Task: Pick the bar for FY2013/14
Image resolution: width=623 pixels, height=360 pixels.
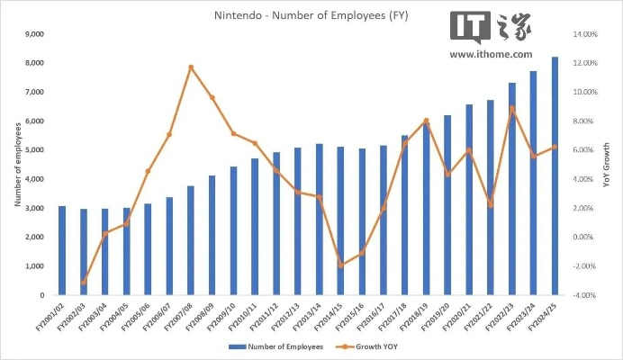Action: pos(320,220)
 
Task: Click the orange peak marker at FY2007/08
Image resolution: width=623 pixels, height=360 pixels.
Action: pos(191,67)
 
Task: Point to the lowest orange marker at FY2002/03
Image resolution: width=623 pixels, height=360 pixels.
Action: pos(84,283)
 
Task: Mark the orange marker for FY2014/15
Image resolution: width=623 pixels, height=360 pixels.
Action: pos(341,265)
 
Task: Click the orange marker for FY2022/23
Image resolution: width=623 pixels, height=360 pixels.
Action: pos(512,108)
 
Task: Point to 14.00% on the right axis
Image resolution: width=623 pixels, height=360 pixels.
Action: pos(586,34)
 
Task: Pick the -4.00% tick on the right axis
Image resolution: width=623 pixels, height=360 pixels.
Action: pos(586,295)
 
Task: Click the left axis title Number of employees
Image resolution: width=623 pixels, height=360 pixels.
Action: pos(17,165)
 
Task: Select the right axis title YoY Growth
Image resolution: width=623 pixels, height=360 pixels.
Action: pos(606,165)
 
